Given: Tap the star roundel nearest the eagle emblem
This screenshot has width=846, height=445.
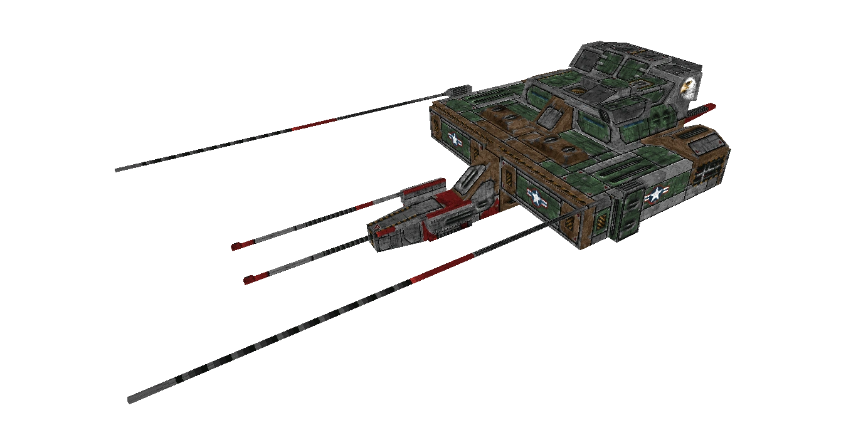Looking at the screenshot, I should click(655, 196).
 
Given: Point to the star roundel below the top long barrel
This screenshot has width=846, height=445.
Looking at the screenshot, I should click(454, 140).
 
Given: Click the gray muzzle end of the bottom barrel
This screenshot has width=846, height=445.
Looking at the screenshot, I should click(133, 399).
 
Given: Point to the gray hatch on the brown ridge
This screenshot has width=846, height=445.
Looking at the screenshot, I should click(550, 117).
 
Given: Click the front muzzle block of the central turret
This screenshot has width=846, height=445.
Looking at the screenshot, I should click(382, 238).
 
